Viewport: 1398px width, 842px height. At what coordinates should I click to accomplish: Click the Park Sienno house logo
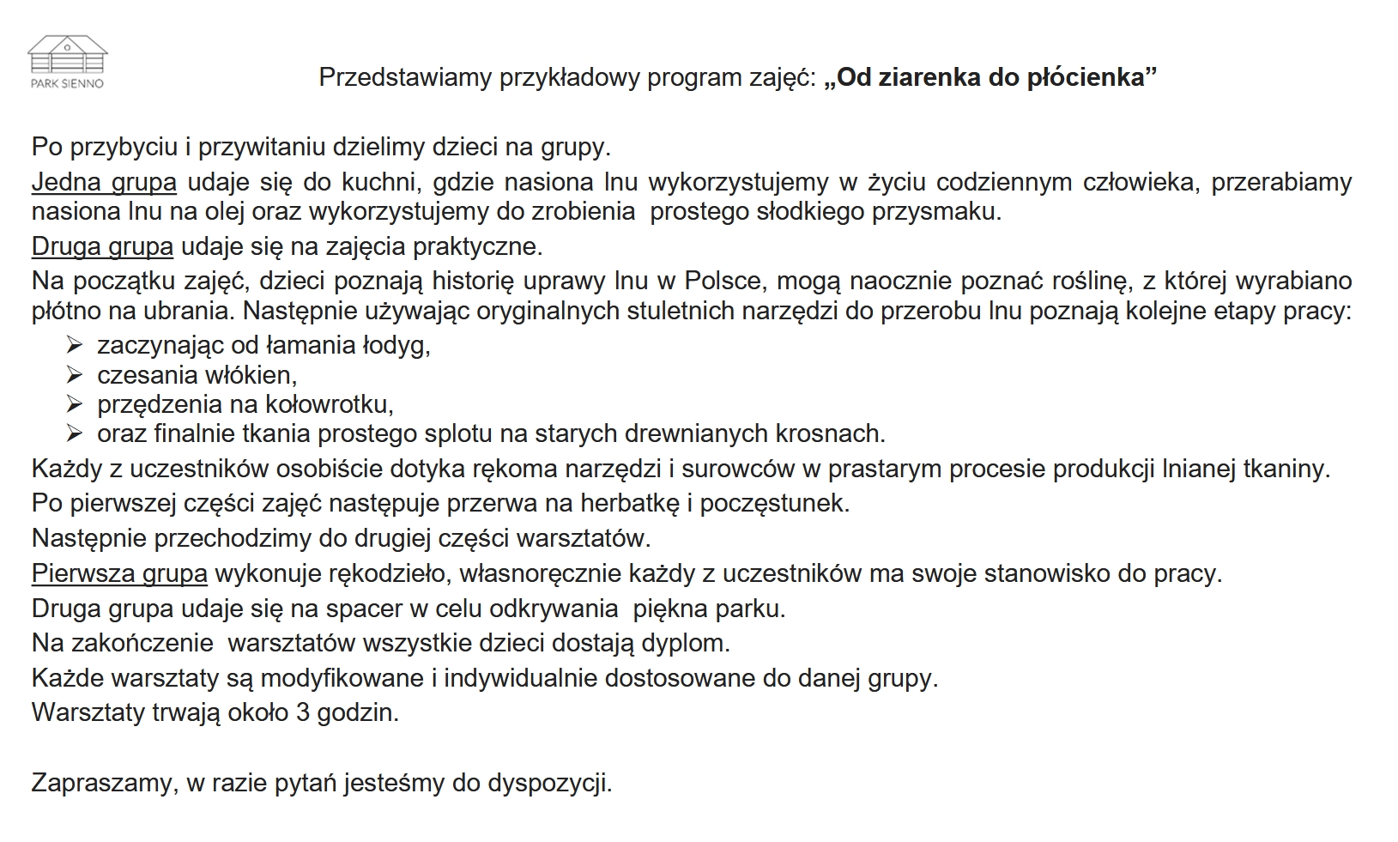(68, 60)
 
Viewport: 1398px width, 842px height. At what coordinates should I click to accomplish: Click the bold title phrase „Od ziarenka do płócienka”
(989, 77)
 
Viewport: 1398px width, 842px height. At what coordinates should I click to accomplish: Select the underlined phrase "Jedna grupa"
(104, 182)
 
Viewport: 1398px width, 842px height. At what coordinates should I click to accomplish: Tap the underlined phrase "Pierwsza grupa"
(119, 572)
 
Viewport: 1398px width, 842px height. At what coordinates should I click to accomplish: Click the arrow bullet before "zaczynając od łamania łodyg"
(74, 345)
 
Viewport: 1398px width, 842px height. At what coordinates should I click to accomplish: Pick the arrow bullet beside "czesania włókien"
(74, 375)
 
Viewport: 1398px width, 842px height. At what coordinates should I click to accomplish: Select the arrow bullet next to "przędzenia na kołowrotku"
(74, 404)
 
